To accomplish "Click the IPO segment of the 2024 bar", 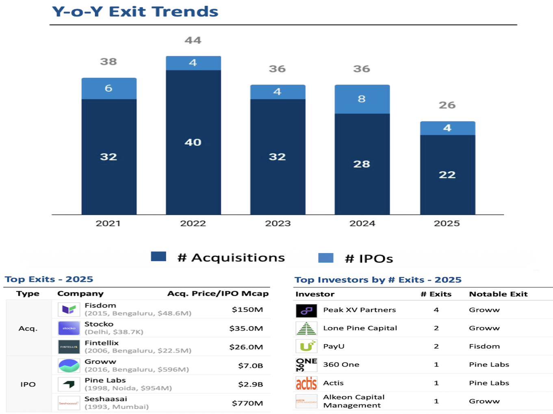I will click(362, 99).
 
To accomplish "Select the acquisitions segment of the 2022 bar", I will click(193, 142).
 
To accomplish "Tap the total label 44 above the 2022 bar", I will click(193, 40).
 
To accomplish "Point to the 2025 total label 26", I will click(447, 105).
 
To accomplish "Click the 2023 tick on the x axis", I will click(278, 224).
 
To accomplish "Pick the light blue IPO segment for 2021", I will click(108, 88).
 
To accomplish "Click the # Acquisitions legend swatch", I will click(158, 257).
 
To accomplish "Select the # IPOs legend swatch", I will click(325, 258).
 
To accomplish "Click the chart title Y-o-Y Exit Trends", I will click(135, 12).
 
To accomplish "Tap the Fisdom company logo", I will click(69, 310).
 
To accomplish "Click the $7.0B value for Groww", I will click(250, 366).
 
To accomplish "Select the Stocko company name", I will click(99, 324).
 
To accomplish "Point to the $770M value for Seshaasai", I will click(247, 403).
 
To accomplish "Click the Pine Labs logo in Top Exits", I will click(69, 384).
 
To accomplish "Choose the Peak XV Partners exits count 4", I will click(436, 310).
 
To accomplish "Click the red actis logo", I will click(306, 383).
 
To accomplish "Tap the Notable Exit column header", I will click(498, 294).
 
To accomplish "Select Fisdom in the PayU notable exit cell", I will click(484, 346).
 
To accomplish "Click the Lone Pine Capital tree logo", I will click(306, 328).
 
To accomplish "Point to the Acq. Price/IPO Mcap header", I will click(218, 293).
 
